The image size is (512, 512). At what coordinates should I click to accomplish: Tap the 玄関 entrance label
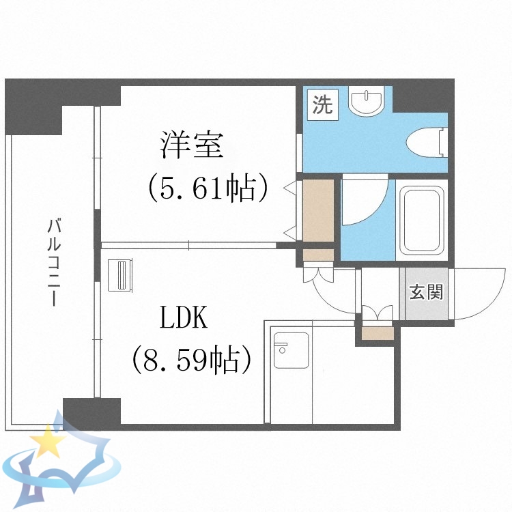pos(426,292)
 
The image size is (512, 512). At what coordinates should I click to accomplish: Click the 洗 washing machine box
pos(322,105)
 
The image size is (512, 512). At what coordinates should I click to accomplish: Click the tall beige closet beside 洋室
pos(318,210)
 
